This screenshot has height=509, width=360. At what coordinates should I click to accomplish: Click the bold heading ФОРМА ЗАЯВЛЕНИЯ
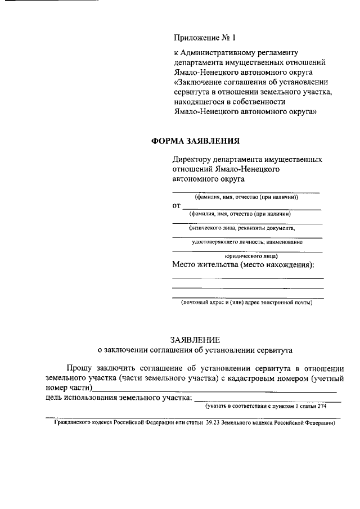[196, 142]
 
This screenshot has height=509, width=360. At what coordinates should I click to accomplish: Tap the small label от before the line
[176, 206]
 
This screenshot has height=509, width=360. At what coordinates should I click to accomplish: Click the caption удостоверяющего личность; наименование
[247, 242]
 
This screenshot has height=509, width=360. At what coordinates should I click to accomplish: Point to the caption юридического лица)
[247, 255]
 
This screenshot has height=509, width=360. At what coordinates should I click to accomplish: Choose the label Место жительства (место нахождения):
[243, 265]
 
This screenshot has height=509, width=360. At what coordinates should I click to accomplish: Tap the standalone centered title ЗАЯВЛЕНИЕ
[195, 340]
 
